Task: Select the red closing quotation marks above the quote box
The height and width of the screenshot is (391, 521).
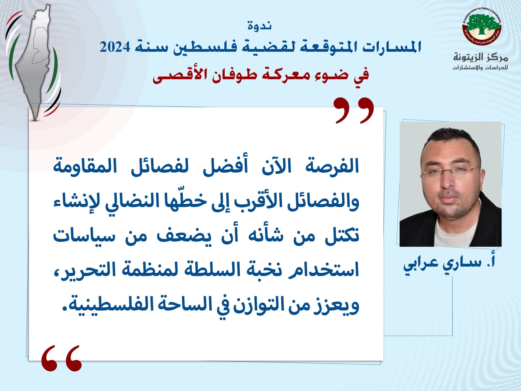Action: (x=355, y=110)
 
